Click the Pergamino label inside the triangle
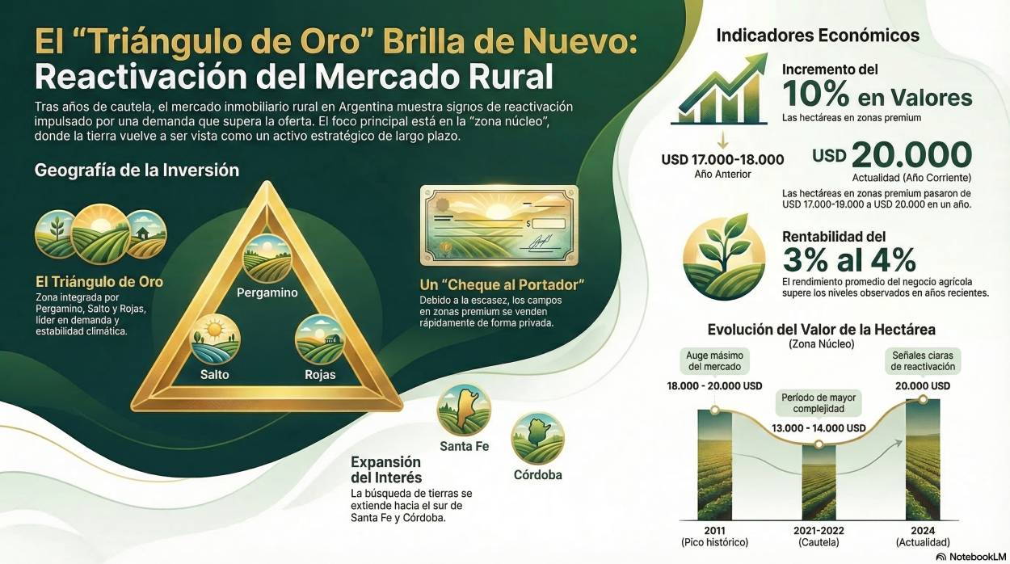click(x=267, y=293)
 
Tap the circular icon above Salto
click(x=215, y=339)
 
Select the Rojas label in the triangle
click(x=320, y=375)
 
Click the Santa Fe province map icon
click(x=464, y=410)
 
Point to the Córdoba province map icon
click(x=537, y=438)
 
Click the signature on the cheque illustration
click(x=541, y=242)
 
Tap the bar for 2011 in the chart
click(x=714, y=465)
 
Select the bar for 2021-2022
click(x=819, y=482)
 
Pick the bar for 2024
click(x=923, y=460)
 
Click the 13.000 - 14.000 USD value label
click(x=819, y=427)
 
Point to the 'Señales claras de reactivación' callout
click(x=923, y=361)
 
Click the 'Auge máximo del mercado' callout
click(x=714, y=360)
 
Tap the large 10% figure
click(x=815, y=94)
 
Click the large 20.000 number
click(x=911, y=154)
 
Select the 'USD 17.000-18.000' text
click(x=723, y=160)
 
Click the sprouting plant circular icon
click(x=724, y=259)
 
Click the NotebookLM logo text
click(x=978, y=557)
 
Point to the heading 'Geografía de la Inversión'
click(x=137, y=170)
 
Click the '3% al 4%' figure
click(x=849, y=259)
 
